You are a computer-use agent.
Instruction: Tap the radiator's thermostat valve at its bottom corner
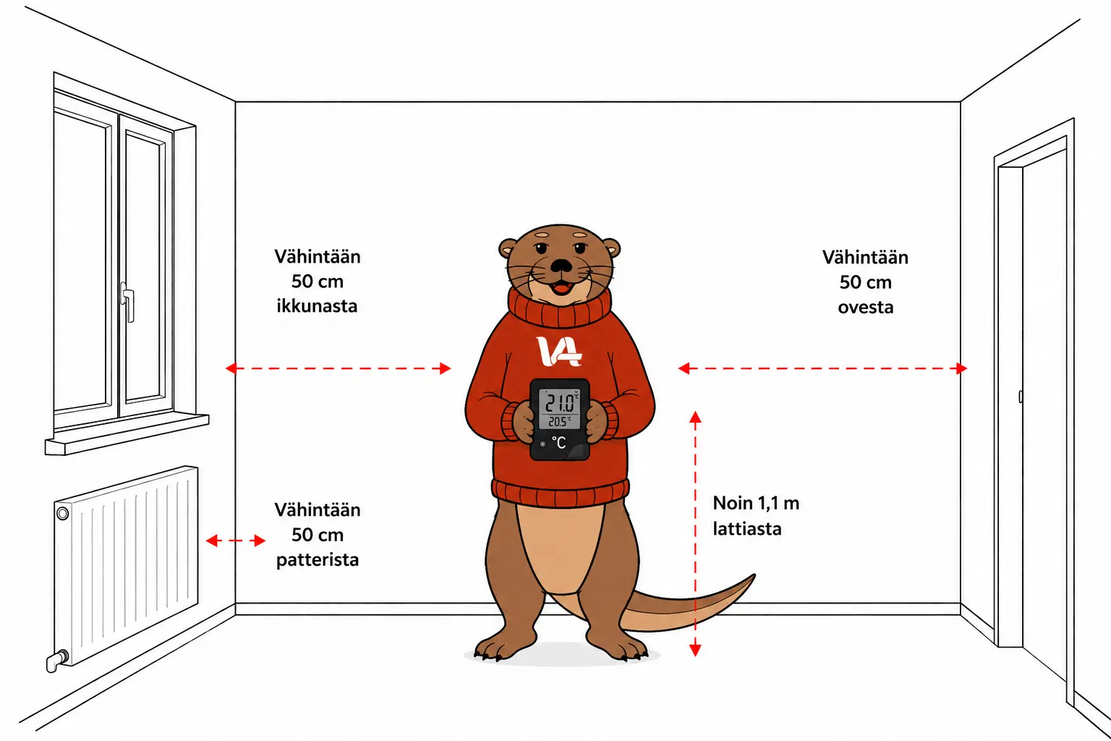(56, 661)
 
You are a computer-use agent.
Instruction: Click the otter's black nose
(561, 265)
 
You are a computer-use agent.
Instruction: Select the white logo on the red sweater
(559, 352)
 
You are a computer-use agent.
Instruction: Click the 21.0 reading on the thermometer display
(559, 403)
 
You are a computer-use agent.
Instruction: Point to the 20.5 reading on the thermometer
(558, 421)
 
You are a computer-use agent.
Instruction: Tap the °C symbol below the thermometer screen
(559, 443)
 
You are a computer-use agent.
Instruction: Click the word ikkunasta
(317, 306)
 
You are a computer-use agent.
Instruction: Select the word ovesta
(866, 308)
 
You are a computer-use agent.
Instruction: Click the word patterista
(318, 560)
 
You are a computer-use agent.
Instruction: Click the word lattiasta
(747, 528)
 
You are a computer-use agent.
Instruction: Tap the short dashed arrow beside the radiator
(236, 540)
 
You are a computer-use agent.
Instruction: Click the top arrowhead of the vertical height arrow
(695, 417)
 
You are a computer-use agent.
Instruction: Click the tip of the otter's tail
(754, 575)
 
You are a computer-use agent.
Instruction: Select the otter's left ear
(508, 247)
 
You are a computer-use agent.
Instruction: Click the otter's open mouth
(561, 287)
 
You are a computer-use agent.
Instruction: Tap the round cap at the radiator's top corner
(62, 513)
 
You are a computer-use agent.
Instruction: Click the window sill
(127, 433)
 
